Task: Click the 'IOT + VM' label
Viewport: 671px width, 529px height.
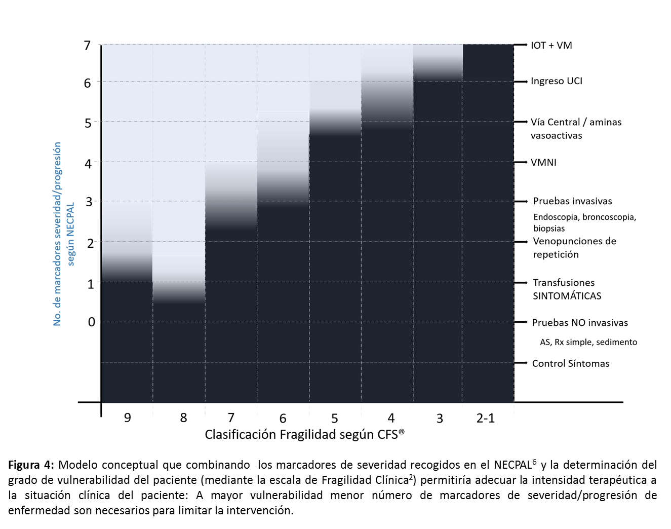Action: coord(551,46)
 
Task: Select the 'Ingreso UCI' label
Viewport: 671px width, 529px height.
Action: coord(556,81)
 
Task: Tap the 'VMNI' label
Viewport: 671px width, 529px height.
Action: coord(543,163)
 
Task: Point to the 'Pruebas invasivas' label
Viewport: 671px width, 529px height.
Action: coord(572,201)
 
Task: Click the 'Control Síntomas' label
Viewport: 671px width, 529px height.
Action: coord(570,363)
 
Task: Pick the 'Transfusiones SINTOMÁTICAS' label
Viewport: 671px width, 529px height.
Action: coord(567,289)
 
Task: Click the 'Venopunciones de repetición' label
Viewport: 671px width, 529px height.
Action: coord(574,248)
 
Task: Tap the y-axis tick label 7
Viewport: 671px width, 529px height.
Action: coord(87,46)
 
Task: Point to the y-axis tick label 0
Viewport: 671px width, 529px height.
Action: coord(91,322)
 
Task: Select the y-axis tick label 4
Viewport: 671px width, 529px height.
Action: coord(88,164)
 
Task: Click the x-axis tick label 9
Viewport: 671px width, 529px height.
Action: coord(127,418)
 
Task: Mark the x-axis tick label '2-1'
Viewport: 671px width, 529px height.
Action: coord(485,418)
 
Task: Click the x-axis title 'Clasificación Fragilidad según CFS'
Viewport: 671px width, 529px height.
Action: coord(304,435)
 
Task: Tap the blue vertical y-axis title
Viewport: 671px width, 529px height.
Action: coord(64,234)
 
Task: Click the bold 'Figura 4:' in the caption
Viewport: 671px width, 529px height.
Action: coord(30,465)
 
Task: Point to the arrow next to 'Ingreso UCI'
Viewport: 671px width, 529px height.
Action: coord(521,82)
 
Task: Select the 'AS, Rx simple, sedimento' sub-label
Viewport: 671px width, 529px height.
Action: coord(588,343)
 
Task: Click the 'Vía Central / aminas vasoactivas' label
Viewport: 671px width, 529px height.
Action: coord(576,129)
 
